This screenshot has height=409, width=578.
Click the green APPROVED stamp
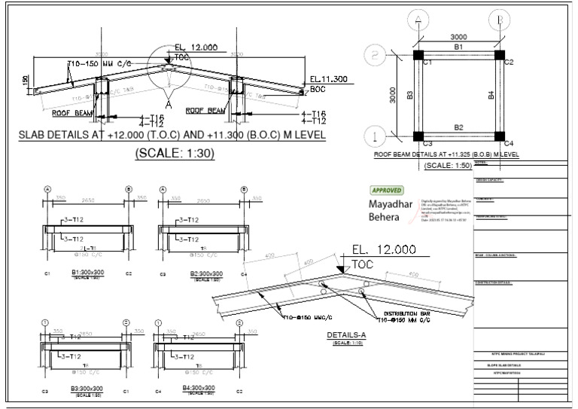point(387,191)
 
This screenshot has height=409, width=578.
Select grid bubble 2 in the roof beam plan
point(373,55)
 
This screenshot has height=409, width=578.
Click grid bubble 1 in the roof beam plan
point(373,136)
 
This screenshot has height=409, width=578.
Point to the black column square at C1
point(418,55)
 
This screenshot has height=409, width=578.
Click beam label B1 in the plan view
point(458,47)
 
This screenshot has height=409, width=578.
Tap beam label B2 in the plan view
point(458,127)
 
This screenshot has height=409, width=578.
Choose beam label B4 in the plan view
point(490,95)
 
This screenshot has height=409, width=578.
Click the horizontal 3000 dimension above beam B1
point(458,35)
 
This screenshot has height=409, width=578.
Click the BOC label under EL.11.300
point(317,88)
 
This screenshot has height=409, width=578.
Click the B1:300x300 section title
point(87,273)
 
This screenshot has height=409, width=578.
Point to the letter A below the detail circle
point(168,105)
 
